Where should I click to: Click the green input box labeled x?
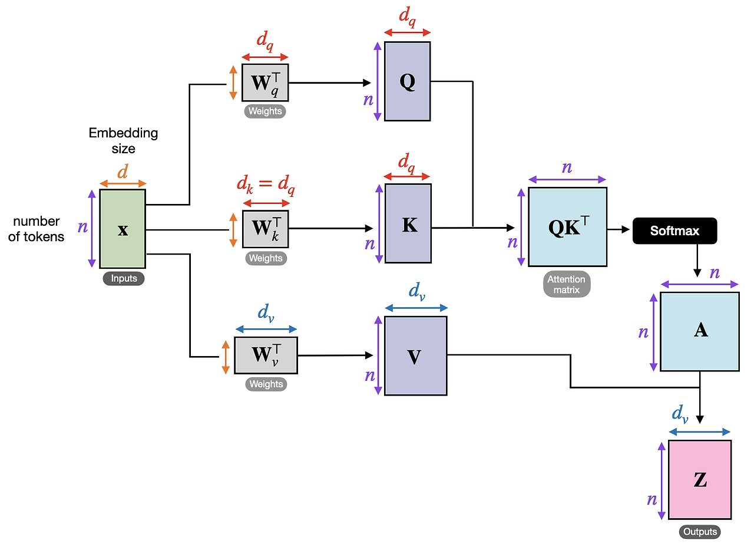point(123,229)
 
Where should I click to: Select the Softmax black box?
point(674,230)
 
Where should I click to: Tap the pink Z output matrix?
point(700,480)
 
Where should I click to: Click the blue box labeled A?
point(700,331)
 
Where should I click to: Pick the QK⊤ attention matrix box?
point(567,228)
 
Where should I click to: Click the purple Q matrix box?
point(407,81)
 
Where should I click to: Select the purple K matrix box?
point(408,223)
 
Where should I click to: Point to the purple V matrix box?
point(415,355)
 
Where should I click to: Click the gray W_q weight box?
point(265,83)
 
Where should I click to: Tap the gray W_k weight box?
point(266,229)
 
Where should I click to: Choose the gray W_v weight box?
point(266,355)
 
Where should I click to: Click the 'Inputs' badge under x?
point(123,279)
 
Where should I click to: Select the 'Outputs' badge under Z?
point(700,532)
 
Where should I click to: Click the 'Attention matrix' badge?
point(567,285)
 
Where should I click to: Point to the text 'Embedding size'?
point(123,141)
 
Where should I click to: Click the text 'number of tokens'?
point(37,229)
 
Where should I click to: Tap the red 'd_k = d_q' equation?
point(266,185)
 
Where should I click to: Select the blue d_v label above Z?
point(680,414)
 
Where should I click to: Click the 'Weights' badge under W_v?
point(266,384)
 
